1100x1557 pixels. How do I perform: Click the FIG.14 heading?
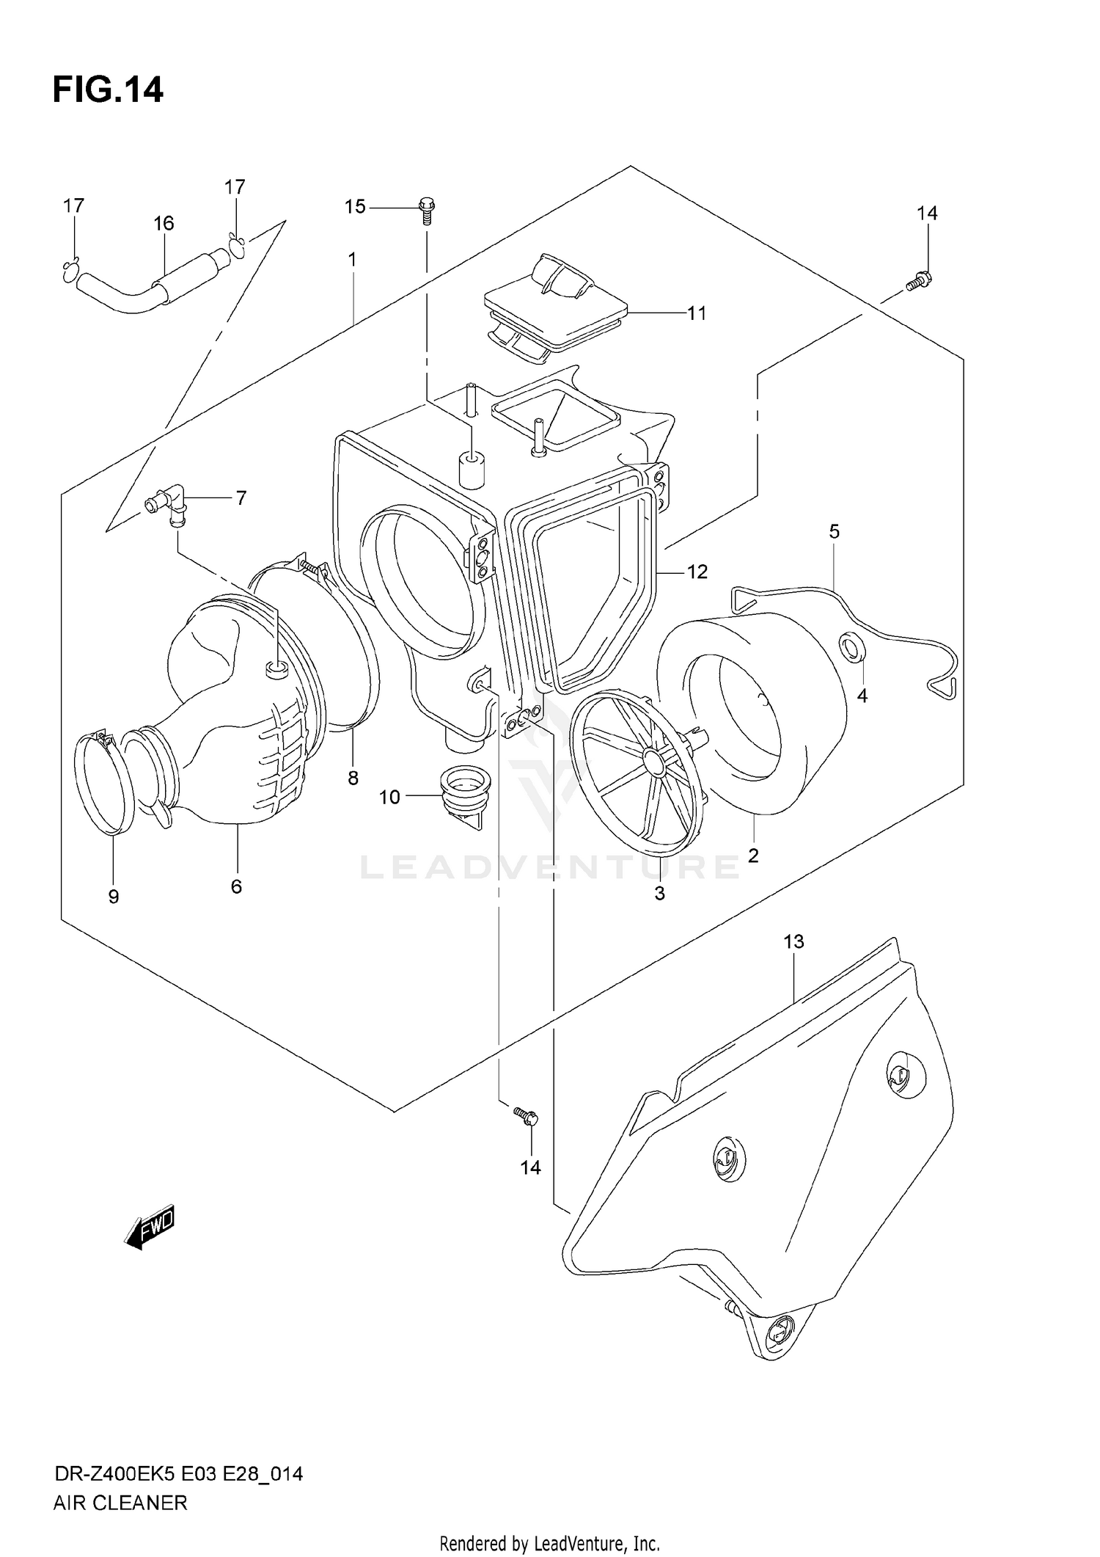click(x=108, y=90)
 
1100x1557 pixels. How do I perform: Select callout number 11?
click(x=696, y=313)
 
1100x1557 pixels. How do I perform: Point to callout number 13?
click(x=793, y=941)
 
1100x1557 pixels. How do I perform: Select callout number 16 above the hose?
click(x=164, y=223)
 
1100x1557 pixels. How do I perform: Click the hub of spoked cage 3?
click(x=650, y=763)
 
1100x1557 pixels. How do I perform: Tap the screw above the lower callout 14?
click(x=527, y=1137)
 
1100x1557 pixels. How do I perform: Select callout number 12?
click(x=697, y=572)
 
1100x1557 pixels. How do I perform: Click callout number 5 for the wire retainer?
click(x=834, y=531)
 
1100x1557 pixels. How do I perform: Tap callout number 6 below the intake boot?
click(x=236, y=886)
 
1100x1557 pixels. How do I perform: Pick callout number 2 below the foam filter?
click(x=753, y=855)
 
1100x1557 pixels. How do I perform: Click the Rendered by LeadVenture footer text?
click(x=549, y=1542)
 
